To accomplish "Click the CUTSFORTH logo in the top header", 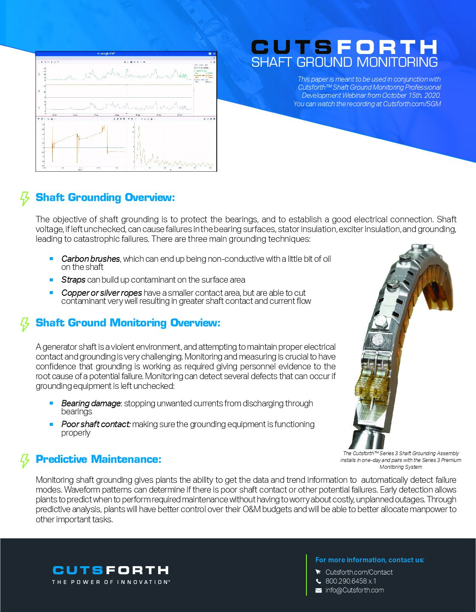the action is coord(344,47).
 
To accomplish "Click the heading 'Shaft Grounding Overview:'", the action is coord(105,198).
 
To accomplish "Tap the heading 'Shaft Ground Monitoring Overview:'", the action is coord(128,323).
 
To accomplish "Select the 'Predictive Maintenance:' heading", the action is coord(98,459).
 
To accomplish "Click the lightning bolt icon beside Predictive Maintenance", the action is coord(25,460).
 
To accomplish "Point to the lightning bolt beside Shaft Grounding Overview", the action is coord(25,198).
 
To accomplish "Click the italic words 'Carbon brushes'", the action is coord(91,259).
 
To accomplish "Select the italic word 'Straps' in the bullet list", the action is coord(73,280).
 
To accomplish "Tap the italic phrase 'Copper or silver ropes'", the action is coord(102,293).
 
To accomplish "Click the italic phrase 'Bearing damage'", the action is coord(91,403).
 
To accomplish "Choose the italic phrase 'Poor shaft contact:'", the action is coord(96,424).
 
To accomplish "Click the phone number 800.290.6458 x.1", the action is coord(351,581).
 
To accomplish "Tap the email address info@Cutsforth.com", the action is coord(354,590).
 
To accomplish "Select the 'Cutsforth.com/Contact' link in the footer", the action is coord(359,572).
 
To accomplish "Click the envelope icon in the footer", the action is coord(318,590).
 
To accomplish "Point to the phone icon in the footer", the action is coord(318,581).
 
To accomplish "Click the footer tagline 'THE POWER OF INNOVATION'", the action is coord(110,582).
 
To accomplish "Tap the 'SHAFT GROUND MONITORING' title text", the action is coord(344,62).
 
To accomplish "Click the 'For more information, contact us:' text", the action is coord(370,560).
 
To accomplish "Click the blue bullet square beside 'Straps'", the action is coord(51,280).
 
